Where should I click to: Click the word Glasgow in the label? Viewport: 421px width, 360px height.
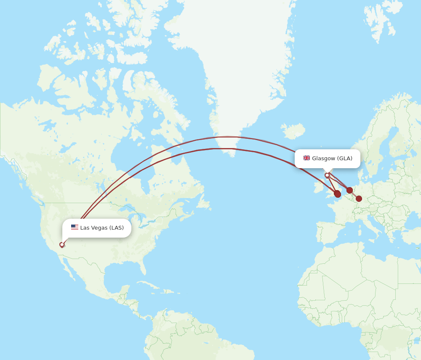tap(323, 159)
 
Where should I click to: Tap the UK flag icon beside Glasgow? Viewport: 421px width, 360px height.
tap(306, 158)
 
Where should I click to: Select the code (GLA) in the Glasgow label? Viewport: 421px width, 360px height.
tap(345, 159)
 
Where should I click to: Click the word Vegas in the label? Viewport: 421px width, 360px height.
tap(99, 228)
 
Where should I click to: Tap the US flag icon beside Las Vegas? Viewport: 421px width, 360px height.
tap(75, 228)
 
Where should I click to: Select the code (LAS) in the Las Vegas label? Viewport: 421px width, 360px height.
tap(117, 228)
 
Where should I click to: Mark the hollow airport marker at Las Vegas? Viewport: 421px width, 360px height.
tap(62, 244)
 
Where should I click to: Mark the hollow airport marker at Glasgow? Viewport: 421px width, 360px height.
tap(327, 175)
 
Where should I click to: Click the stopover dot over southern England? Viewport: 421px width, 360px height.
tap(337, 194)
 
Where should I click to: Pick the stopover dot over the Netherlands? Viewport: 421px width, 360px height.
tap(349, 190)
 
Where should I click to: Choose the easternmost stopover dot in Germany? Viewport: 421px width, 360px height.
tap(359, 199)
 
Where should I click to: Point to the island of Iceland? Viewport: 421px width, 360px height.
tap(293, 131)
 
